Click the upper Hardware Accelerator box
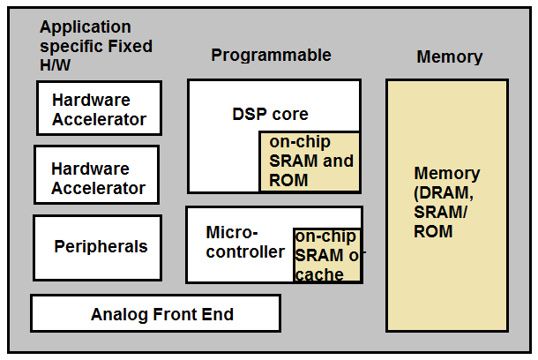click(99, 109)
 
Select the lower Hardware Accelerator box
click(97, 177)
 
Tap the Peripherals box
click(97, 247)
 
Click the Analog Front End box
click(155, 314)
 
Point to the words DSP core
click(270, 114)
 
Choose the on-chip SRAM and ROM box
click(310, 161)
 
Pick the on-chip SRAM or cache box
click(327, 256)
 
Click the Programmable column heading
click(271, 56)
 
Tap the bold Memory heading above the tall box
click(449, 57)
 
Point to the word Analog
click(120, 314)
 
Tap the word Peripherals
click(101, 247)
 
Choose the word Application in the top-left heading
click(85, 27)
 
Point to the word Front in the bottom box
click(175, 314)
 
